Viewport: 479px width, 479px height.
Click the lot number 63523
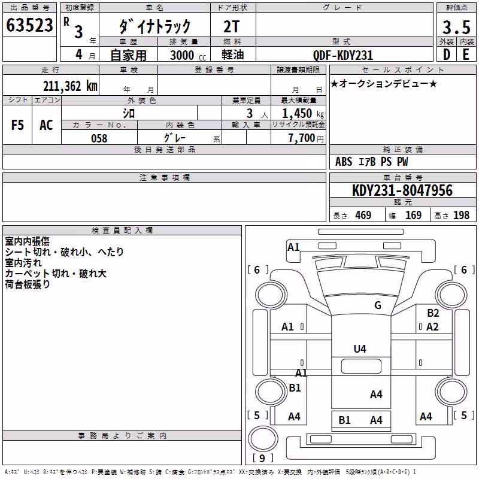(29, 25)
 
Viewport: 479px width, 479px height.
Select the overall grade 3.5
(456, 27)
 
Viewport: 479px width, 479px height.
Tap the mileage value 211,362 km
(70, 86)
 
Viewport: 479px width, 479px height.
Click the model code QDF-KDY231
(343, 55)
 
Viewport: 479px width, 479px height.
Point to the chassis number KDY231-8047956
(402, 190)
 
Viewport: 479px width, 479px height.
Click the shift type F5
(17, 125)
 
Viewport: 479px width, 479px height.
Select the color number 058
(99, 138)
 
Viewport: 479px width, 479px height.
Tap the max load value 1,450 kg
(303, 114)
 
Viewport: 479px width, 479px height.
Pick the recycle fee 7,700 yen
(306, 138)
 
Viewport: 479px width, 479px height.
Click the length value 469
(363, 215)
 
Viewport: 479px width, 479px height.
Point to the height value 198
(461, 215)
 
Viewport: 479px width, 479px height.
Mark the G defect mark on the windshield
(378, 305)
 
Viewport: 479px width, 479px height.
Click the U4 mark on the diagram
(360, 348)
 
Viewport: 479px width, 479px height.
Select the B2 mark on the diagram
(433, 313)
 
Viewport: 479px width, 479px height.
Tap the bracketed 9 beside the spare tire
(262, 458)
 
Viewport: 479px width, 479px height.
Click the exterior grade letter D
(447, 54)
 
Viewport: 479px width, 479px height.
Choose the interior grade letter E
(466, 54)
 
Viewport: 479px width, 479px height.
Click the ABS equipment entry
(344, 162)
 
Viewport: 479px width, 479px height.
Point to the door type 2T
(231, 26)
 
